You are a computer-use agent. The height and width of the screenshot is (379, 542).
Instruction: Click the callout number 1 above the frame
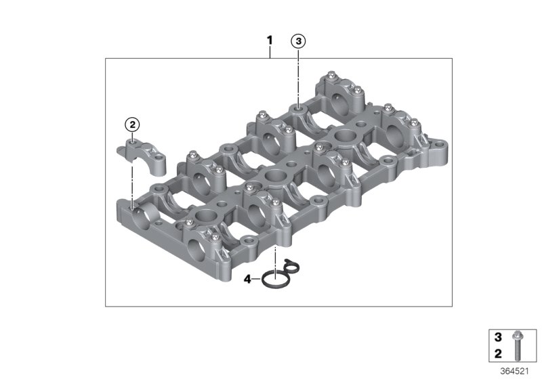coord(270,41)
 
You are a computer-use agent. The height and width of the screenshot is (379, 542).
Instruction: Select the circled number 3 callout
coord(298,41)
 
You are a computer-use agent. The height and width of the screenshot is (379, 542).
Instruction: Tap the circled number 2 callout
coord(132,125)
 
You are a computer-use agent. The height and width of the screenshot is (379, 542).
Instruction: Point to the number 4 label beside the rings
coord(247,279)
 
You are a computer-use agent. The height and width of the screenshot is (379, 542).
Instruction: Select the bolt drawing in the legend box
coord(518,345)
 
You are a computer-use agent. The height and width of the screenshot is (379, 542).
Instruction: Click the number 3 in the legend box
coord(498,337)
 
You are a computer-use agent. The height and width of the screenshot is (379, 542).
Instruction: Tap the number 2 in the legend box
coord(498,353)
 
